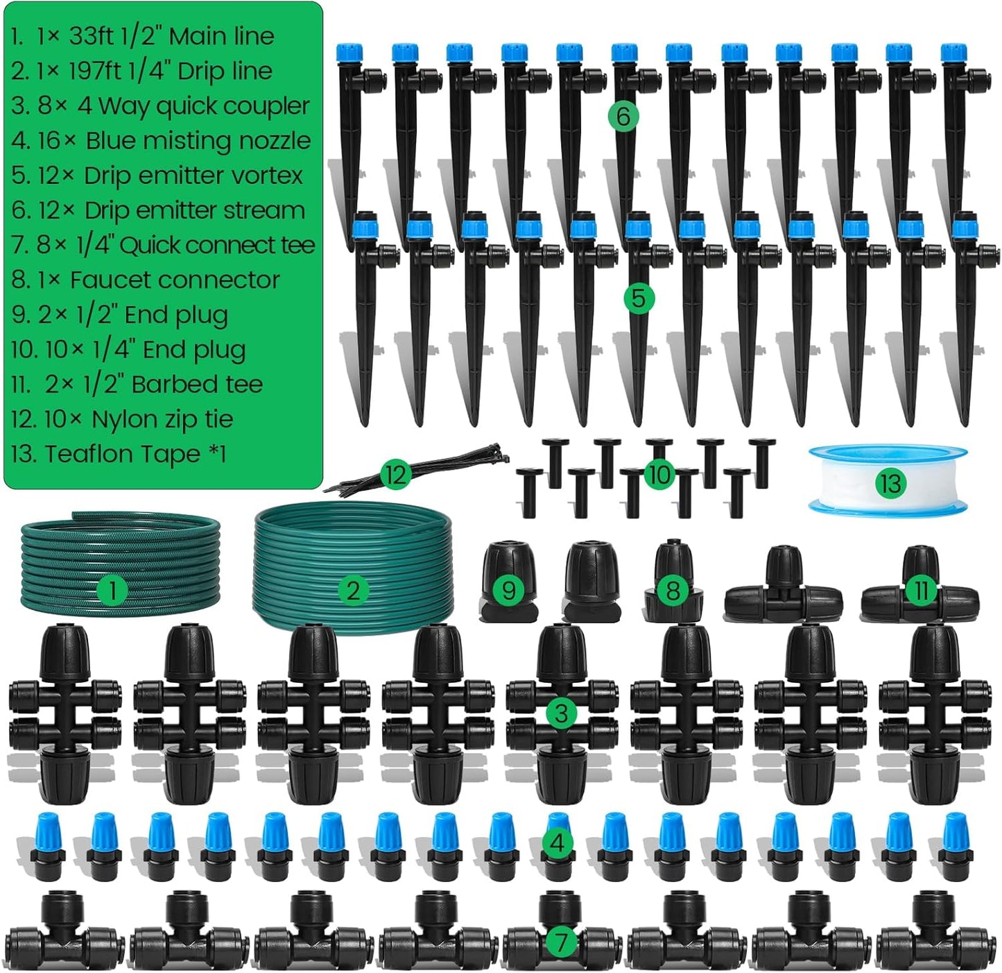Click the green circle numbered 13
890,483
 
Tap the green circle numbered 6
622,116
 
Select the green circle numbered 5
638,298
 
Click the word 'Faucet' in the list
113,280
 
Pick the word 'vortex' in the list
263,176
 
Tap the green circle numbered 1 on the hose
112,591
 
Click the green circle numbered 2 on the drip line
352,591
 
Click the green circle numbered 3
560,713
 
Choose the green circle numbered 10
658,475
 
